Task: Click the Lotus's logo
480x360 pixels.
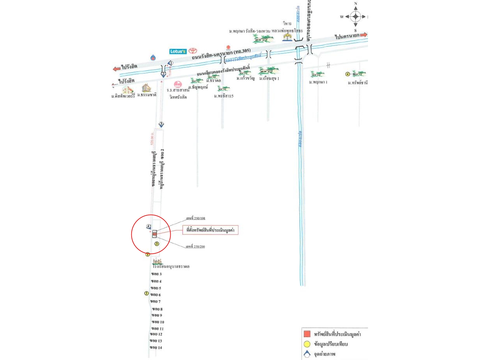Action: pyautogui.click(x=178, y=51)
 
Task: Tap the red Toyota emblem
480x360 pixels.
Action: pyautogui.click(x=193, y=51)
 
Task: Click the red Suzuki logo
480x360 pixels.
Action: pyautogui.click(x=228, y=47)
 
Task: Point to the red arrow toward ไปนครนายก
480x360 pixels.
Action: pyautogui.click(x=363, y=35)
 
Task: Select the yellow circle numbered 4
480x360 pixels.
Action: pyautogui.click(x=348, y=74)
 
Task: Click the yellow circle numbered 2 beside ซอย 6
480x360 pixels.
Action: pyautogui.click(x=146, y=293)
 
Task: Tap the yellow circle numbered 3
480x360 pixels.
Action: pyautogui.click(x=157, y=244)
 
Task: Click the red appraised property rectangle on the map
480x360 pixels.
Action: pyautogui.click(x=155, y=235)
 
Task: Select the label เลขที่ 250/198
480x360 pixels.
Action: pyautogui.click(x=196, y=218)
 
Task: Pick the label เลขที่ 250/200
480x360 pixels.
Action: pyautogui.click(x=195, y=247)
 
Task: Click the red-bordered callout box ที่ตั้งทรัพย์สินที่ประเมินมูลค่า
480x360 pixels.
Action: pyautogui.click(x=210, y=230)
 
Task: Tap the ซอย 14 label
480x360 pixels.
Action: pyautogui.click(x=156, y=347)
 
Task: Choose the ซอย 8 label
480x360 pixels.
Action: pyautogui.click(x=157, y=309)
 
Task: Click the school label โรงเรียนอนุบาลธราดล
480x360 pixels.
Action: pyautogui.click(x=171, y=267)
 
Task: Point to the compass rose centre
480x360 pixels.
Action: pyautogui.click(x=355, y=16)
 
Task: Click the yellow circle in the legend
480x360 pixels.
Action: pyautogui.click(x=307, y=344)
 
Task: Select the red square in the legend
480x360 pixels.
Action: pyautogui.click(x=307, y=334)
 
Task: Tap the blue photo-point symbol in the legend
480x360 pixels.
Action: pyautogui.click(x=307, y=354)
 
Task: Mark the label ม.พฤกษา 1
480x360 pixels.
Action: pyautogui.click(x=318, y=82)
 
